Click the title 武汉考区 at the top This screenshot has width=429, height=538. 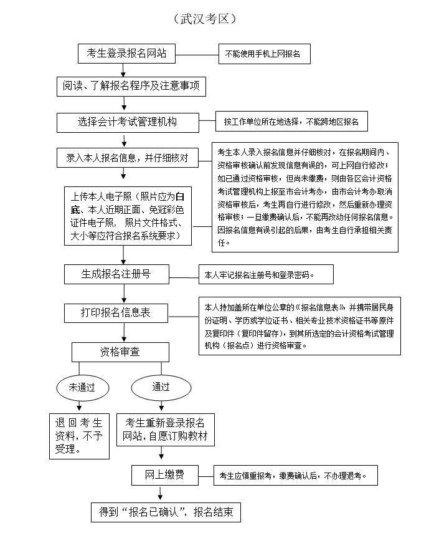click(205, 19)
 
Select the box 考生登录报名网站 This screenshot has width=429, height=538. click(126, 54)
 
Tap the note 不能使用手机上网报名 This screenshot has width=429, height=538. click(264, 54)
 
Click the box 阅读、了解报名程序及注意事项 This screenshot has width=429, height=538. click(131, 87)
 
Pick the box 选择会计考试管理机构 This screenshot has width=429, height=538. click(128, 122)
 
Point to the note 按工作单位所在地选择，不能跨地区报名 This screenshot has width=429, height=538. click(291, 122)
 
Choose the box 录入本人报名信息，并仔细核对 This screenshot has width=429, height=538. click(128, 158)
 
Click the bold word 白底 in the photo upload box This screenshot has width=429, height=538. click(128, 203)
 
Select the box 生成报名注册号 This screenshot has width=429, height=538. click(116, 274)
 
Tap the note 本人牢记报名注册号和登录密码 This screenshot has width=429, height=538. click(266, 274)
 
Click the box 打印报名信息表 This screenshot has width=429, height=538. click(116, 313)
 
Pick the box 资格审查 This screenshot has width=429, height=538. click(120, 352)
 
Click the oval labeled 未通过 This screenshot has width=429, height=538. click(83, 388)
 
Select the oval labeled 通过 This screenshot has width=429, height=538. click(161, 387)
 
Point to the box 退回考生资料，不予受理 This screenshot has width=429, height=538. click(79, 436)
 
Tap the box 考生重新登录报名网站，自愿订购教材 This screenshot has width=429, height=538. click(166, 430)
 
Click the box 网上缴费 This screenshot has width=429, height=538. click(165, 475)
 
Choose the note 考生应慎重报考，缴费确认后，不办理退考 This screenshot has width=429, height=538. click(295, 476)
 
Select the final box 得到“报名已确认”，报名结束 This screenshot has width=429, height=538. click(166, 512)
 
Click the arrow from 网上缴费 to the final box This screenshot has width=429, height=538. click(160, 492)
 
